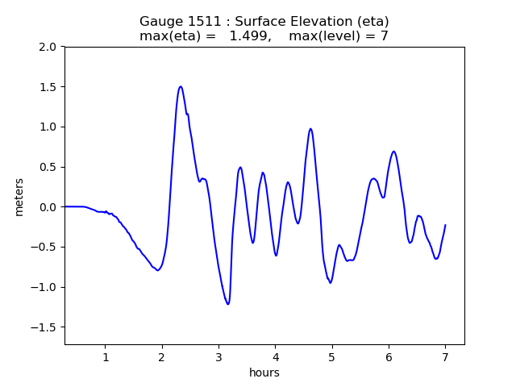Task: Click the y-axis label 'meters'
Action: (x=19, y=197)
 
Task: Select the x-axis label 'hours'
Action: (x=264, y=372)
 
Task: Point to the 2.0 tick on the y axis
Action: (x=48, y=47)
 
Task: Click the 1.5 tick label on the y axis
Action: (x=48, y=87)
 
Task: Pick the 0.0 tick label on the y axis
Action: (x=48, y=207)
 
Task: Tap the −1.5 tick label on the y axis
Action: (x=44, y=327)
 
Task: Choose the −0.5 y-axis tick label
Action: (x=44, y=248)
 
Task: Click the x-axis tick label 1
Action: (x=105, y=357)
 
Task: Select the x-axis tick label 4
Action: (x=275, y=357)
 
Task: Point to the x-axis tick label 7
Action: (x=445, y=357)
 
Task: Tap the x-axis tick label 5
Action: (x=331, y=357)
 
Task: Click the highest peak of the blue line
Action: (x=181, y=86)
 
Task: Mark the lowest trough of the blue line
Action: (x=228, y=304)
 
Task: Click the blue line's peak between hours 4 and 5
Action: (x=310, y=129)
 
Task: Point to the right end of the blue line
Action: (x=445, y=225)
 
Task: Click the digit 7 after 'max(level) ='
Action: (x=385, y=36)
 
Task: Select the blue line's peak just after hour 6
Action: (x=393, y=152)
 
